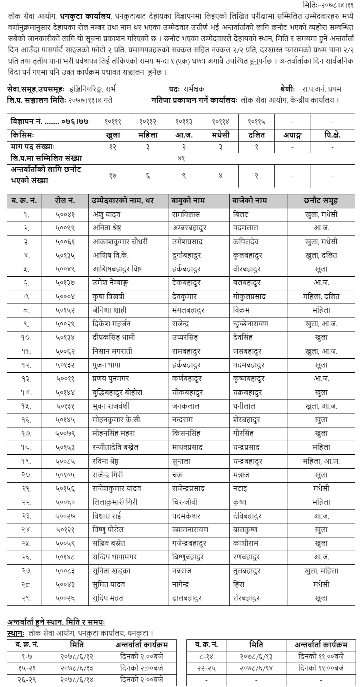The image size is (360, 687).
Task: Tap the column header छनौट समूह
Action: pos(320,201)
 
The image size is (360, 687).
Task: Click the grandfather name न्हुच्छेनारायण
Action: pos(250,324)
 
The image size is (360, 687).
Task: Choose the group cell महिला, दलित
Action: pos(321,296)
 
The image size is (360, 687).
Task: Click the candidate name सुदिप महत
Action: pos(108,598)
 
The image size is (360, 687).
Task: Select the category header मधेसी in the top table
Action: pos(220,135)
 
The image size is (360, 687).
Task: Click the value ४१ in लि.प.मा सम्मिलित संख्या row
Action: pos(181,158)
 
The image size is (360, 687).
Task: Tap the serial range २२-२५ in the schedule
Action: pos(206,668)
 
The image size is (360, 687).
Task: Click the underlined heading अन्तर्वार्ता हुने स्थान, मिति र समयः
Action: pos(56,622)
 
